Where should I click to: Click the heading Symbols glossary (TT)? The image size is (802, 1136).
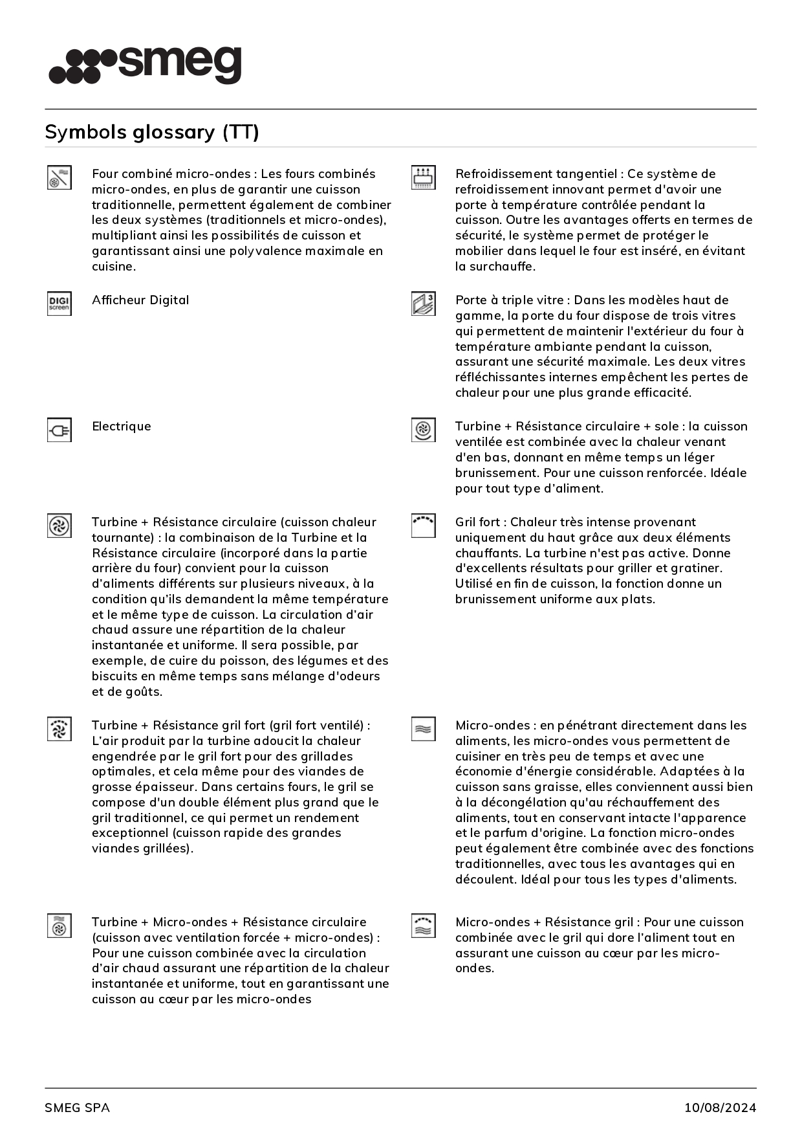pyautogui.click(x=152, y=132)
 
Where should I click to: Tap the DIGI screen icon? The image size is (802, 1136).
pyautogui.click(x=59, y=304)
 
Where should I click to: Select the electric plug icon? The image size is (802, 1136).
pyautogui.click(x=59, y=430)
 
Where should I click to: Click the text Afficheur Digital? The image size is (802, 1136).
pyautogui.click(x=140, y=300)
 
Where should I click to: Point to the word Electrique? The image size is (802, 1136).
pyautogui.click(x=122, y=426)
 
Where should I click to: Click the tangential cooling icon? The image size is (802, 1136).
pyautogui.click(x=423, y=177)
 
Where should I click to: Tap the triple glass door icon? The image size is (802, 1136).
pyautogui.click(x=423, y=304)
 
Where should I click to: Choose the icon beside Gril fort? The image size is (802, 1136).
pyautogui.click(x=423, y=526)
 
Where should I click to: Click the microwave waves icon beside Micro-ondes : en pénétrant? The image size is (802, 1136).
pyautogui.click(x=423, y=729)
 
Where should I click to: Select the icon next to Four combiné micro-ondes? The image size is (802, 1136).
pyautogui.click(x=59, y=177)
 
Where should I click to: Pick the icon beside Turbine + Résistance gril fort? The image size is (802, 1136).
pyautogui.click(x=59, y=729)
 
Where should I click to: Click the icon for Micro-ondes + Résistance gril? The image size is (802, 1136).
pyautogui.click(x=423, y=926)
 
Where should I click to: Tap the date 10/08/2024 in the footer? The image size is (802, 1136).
pyautogui.click(x=720, y=1108)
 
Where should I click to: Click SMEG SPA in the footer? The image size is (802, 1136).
pyautogui.click(x=77, y=1108)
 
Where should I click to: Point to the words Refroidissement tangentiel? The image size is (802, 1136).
pyautogui.click(x=536, y=173)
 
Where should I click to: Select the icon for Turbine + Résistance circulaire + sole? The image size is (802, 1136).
pyautogui.click(x=423, y=430)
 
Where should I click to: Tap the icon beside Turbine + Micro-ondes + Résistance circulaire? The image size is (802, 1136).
pyautogui.click(x=59, y=926)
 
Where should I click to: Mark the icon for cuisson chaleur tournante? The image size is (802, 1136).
pyautogui.click(x=59, y=526)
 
